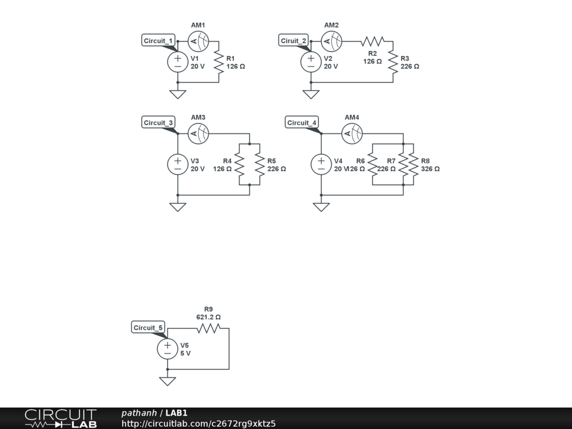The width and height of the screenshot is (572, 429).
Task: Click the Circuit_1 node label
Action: pyautogui.click(x=159, y=41)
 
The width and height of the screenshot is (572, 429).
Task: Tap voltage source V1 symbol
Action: pyautogui.click(x=178, y=61)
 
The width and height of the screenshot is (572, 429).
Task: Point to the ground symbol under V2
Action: pyautogui.click(x=311, y=94)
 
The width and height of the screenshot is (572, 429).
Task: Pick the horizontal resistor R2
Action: pyautogui.click(x=373, y=41)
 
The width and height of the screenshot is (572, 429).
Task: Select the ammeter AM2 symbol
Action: pyautogui.click(x=331, y=41)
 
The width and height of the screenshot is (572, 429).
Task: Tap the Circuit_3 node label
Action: pyautogui.click(x=159, y=123)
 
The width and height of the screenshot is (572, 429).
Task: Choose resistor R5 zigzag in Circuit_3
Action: pyautogui.click(x=260, y=164)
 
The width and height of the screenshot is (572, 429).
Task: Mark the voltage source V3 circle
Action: pyautogui.click(x=178, y=164)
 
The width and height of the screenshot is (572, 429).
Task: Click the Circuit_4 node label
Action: pyautogui.click(x=302, y=123)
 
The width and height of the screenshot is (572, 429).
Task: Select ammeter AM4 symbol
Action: pyautogui.click(x=352, y=133)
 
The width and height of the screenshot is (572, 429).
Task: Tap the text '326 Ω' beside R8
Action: pyautogui.click(x=430, y=169)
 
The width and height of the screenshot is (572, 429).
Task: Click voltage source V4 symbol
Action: pyautogui.click(x=321, y=164)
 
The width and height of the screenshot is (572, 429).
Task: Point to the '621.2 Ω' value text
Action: pyautogui.click(x=208, y=317)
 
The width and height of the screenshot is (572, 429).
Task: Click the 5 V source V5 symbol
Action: pyautogui.click(x=168, y=349)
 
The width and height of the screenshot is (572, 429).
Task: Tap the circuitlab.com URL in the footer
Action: pyautogui.click(x=198, y=423)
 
